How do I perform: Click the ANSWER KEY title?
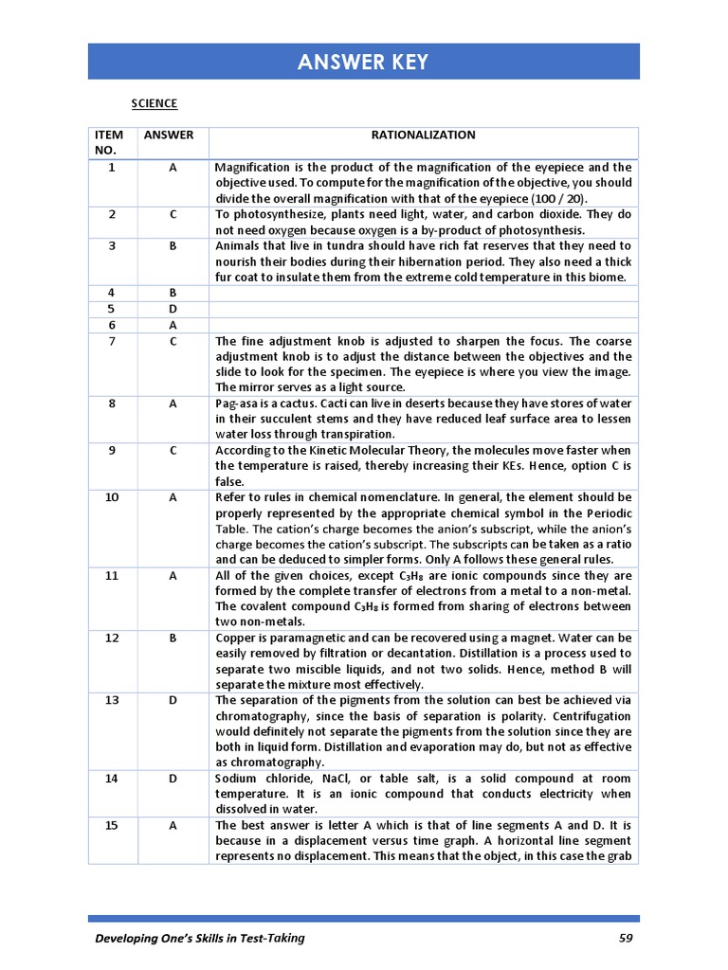tap(363, 63)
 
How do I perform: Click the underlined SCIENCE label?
tap(154, 103)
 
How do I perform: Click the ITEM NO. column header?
tap(112, 142)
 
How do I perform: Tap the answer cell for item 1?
tap(173, 168)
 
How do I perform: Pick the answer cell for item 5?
tap(173, 309)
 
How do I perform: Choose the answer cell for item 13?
tap(173, 700)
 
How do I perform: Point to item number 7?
tap(112, 341)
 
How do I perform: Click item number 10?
tap(112, 496)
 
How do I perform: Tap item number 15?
tap(112, 825)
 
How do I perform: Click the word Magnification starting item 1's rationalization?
tap(252, 168)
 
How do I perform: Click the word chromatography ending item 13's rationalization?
tap(269, 762)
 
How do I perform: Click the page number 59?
tap(624, 939)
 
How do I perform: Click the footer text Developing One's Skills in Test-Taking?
tap(200, 939)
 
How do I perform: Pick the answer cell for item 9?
tap(173, 450)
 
